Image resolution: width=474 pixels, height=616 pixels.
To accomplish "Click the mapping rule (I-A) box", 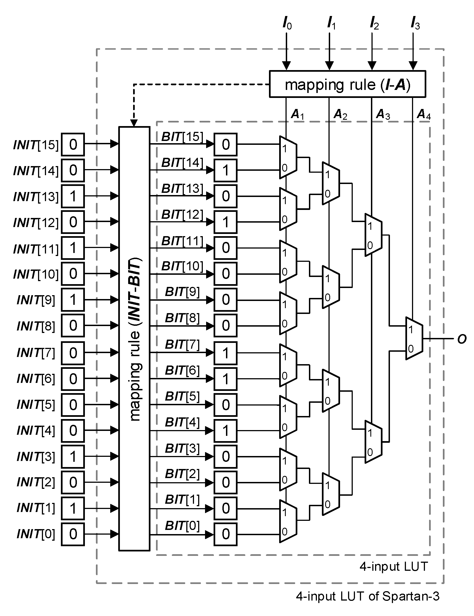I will [x=347, y=84].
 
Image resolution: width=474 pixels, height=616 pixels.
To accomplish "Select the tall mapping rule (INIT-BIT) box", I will [x=134, y=338].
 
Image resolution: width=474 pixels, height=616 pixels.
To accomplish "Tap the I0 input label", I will [x=287, y=24].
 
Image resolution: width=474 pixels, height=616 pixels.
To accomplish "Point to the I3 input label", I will [x=415, y=24].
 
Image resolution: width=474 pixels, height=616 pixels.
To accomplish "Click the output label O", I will [x=462, y=339].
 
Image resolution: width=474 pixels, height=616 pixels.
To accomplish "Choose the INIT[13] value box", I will [x=73, y=196].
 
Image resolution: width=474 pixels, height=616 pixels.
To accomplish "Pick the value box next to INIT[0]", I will [x=73, y=534].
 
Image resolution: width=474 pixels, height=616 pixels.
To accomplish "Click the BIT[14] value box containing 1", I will [x=225, y=170].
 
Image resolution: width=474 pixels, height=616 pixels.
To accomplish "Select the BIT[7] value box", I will [x=225, y=353].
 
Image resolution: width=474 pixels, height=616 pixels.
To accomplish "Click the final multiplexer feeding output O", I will [x=414, y=338].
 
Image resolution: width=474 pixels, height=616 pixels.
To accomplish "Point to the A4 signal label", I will [x=423, y=114].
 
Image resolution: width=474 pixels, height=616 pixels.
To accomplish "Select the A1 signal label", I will [x=297, y=114].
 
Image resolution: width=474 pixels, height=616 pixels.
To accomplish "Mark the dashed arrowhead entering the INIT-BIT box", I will [x=134, y=123].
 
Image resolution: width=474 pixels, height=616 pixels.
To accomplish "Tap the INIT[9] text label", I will [x=36, y=300].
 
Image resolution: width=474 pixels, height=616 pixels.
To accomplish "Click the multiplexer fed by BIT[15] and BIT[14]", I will [x=288, y=158].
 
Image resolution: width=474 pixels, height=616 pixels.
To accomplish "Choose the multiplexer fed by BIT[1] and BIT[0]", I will [x=288, y=521].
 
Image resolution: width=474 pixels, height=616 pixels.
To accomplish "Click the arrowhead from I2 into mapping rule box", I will [x=372, y=66].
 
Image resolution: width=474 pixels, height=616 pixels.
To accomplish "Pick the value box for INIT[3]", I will [x=73, y=456].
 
